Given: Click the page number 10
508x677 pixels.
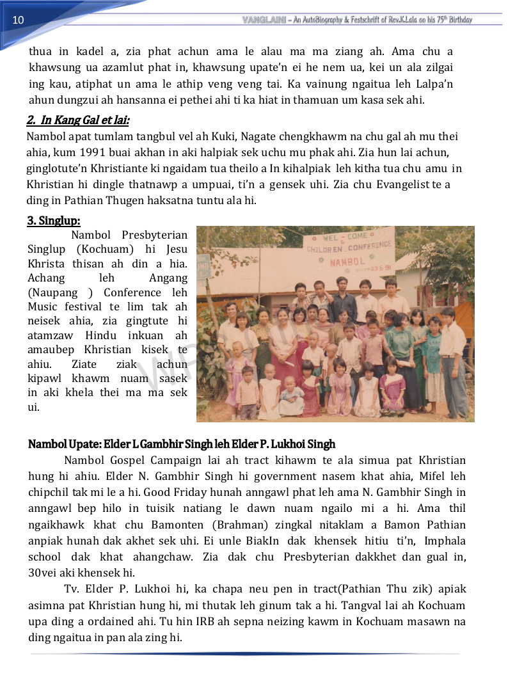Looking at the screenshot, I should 18,20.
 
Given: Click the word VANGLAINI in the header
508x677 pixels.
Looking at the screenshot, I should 264,20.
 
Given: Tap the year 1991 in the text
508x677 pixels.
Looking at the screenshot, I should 107,153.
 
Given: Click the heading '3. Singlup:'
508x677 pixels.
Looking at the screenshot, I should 53,221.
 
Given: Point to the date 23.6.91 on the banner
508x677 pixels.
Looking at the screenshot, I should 370,269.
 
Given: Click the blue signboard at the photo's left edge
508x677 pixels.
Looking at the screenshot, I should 203,265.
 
